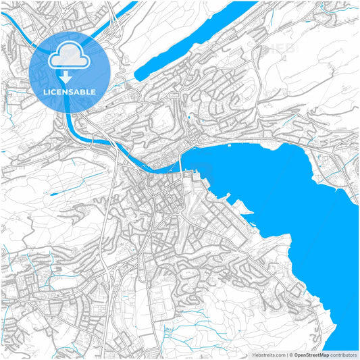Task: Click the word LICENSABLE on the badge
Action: click(x=70, y=92)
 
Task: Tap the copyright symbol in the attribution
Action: click(x=290, y=355)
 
